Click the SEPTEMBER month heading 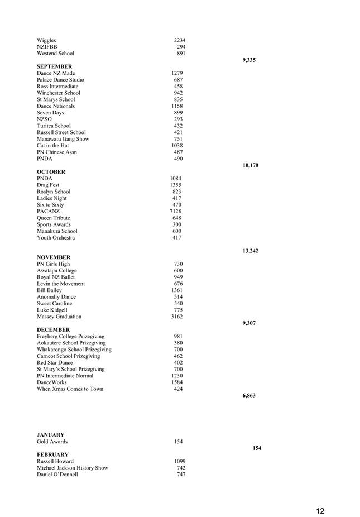click(54, 66)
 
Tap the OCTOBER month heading click(51, 172)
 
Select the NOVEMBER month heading click(54, 257)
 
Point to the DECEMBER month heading click(53, 330)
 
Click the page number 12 click(320, 511)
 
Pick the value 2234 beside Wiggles click(180, 40)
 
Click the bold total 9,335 click(249, 60)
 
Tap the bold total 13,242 click(250, 251)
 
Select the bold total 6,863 click(249, 395)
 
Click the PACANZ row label click(49, 212)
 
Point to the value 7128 click(175, 212)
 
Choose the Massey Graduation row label click(59, 317)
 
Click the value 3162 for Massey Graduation click(176, 317)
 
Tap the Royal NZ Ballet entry click(55, 277)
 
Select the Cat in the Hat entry click(52, 146)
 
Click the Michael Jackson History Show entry click(73, 468)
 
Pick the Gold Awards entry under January click(52, 442)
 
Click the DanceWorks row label click(52, 382)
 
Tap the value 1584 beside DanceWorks click(177, 382)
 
